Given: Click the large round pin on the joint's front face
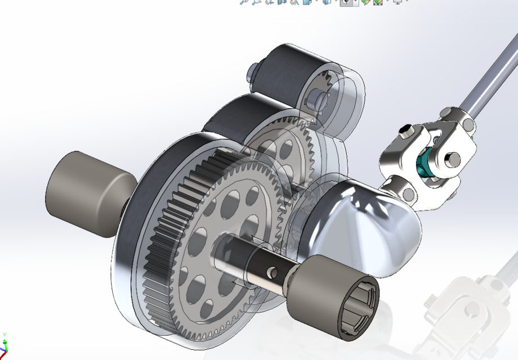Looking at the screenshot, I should coord(450,161).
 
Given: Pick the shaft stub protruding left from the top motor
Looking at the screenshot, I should coord(252,73).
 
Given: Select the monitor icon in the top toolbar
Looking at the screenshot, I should coord(398,2).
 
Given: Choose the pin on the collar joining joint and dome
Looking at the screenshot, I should coord(409,194).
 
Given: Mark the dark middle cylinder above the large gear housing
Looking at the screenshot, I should coord(236,118).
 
